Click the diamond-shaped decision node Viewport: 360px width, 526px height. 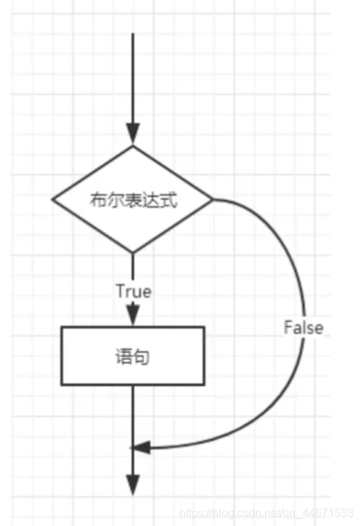[133, 199]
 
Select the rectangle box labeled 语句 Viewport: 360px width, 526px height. [133, 355]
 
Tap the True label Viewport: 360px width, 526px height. [133, 291]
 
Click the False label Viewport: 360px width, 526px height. [304, 328]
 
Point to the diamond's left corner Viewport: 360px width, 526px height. [54, 199]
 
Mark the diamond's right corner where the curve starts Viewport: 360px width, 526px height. [212, 199]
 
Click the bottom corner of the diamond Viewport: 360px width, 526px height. [133, 252]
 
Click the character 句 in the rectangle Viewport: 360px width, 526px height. [142, 356]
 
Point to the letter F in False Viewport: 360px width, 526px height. [288, 328]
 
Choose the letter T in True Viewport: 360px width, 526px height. [119, 291]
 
